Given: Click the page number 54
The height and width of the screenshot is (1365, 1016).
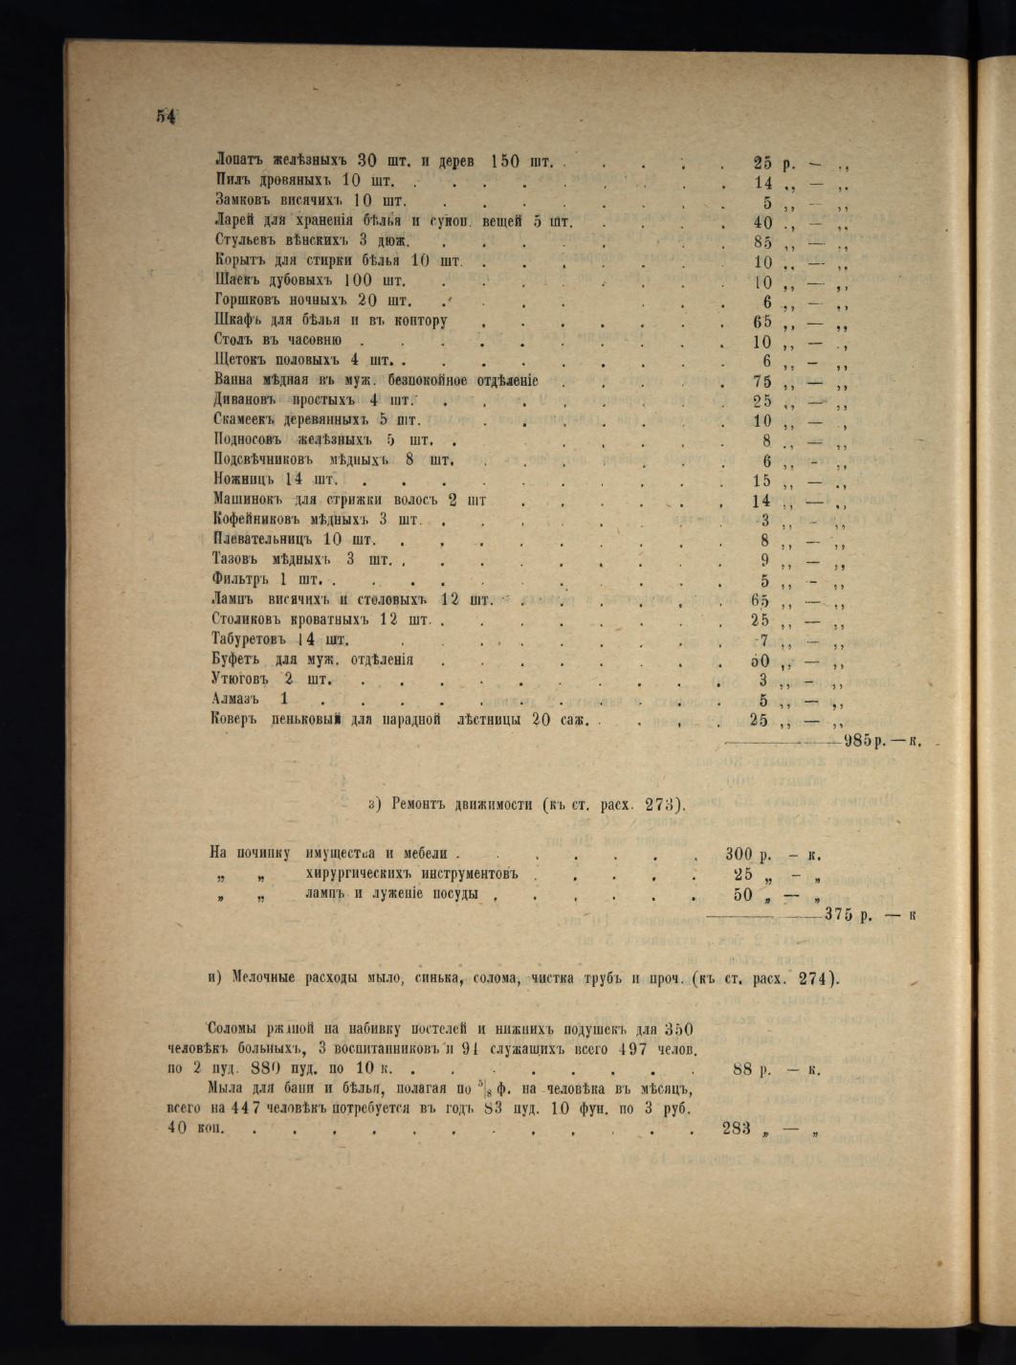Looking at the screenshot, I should [x=166, y=117].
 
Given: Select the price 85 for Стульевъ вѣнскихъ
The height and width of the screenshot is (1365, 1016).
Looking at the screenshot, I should [x=762, y=242].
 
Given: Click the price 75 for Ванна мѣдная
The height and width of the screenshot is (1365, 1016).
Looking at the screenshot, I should [x=762, y=381].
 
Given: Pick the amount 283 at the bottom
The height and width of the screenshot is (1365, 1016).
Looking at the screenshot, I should [x=738, y=1128].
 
